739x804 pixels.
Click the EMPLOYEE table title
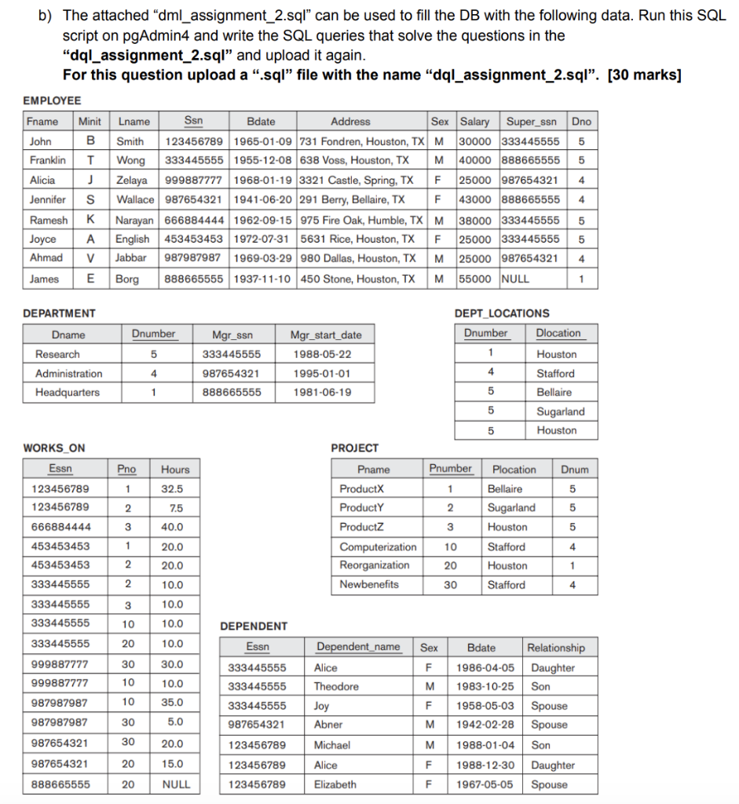click(52, 100)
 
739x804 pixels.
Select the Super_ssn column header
click(532, 122)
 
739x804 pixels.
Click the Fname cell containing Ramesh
click(49, 220)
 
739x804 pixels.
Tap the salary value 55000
click(475, 279)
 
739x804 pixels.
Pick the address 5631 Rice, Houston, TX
click(357, 239)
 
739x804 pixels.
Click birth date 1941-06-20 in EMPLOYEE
click(262, 200)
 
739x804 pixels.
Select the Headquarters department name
click(68, 393)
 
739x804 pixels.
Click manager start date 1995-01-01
click(322, 374)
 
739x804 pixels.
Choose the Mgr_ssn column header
click(232, 335)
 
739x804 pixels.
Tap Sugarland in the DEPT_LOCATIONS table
click(560, 411)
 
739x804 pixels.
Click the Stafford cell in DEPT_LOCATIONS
click(555, 374)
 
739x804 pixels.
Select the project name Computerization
click(378, 546)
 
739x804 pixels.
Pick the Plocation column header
click(514, 470)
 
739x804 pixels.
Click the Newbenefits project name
click(369, 585)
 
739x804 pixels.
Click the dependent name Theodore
click(336, 687)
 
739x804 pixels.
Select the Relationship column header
click(555, 648)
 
